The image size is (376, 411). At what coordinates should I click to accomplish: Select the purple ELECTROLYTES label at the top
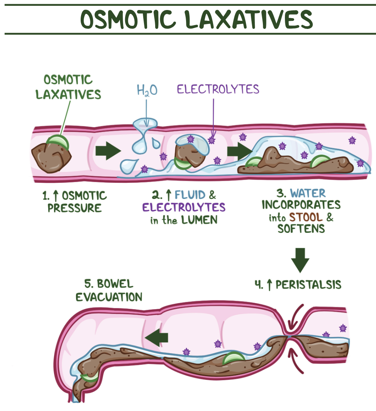click(x=218, y=89)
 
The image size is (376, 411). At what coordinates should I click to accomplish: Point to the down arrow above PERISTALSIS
click(x=300, y=260)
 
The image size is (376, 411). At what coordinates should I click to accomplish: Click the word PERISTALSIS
click(x=309, y=285)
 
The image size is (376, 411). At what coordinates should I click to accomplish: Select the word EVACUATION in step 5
click(x=109, y=297)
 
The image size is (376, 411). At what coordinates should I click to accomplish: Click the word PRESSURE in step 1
click(x=75, y=208)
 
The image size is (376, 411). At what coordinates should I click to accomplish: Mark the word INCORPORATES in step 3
click(x=301, y=205)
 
